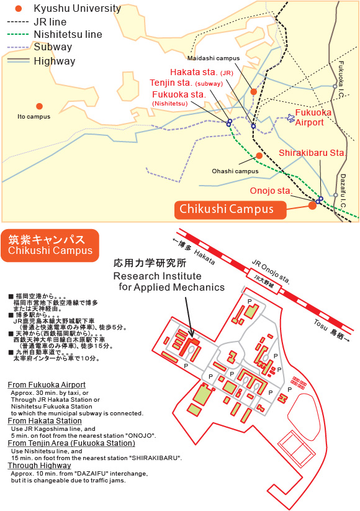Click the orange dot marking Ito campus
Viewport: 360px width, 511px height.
[x=40, y=106]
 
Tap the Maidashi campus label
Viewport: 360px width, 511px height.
[x=214, y=58]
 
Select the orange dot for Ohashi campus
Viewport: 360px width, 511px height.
[x=259, y=155]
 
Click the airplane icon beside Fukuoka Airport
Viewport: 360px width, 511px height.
[x=290, y=117]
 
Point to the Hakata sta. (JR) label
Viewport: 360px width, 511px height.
[x=202, y=72]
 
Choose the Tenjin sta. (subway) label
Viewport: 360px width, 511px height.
[x=186, y=83]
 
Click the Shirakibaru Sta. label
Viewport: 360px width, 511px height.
[x=312, y=153]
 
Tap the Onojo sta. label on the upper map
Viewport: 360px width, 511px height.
[x=271, y=191]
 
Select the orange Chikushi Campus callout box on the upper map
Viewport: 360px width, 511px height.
[x=230, y=209]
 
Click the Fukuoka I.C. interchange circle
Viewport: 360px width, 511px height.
[x=335, y=86]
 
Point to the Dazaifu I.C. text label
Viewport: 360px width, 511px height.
[x=343, y=191]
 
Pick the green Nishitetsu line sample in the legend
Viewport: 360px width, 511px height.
[x=18, y=34]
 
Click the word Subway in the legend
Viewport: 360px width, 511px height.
[x=53, y=47]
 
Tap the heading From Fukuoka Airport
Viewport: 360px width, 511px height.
[x=47, y=385]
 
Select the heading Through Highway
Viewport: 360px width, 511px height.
[x=40, y=466]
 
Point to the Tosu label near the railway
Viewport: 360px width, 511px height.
[x=321, y=325]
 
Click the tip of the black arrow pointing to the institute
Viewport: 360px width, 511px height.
[x=192, y=337]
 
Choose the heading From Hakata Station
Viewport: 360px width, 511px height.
[x=45, y=421]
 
